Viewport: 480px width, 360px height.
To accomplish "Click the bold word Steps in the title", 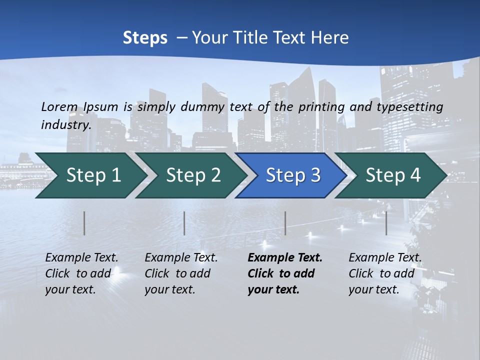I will point(145,38).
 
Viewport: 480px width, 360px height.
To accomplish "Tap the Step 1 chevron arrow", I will point(90,175).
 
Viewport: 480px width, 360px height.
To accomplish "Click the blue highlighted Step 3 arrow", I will point(292,175).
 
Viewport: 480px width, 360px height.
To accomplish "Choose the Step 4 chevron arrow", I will point(392,175).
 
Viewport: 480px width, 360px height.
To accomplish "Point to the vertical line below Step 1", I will point(84,223).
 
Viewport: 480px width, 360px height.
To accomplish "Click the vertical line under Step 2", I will point(184,223).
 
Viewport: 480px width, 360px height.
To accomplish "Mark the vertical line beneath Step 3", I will point(285,223).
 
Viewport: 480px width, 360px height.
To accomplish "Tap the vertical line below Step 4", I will point(386,223).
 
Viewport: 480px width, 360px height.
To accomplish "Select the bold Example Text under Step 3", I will point(285,273).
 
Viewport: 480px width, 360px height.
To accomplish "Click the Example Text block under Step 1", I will point(81,273).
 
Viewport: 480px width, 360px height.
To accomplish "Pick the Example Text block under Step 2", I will point(181,273).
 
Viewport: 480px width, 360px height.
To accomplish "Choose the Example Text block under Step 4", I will point(385,273).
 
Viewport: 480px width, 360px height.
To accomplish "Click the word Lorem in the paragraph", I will point(59,106).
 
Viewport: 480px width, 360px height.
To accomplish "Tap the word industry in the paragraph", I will point(65,124).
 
